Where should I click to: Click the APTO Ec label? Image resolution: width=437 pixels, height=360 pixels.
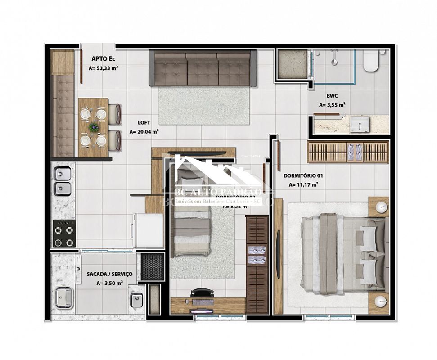point(100,58)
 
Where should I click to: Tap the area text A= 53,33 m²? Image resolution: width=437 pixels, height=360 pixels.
point(103,69)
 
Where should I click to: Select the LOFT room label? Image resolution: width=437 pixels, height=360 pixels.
point(144,122)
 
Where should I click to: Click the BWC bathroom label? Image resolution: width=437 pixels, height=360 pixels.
point(333,96)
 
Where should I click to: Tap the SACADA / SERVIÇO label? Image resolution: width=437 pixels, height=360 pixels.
point(109,274)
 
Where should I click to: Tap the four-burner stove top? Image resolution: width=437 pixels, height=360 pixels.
point(63,233)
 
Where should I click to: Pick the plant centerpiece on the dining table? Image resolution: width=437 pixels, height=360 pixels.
point(94,127)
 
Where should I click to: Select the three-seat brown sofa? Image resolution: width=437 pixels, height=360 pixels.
point(203,68)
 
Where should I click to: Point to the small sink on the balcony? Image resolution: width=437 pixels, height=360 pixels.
point(136,299)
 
